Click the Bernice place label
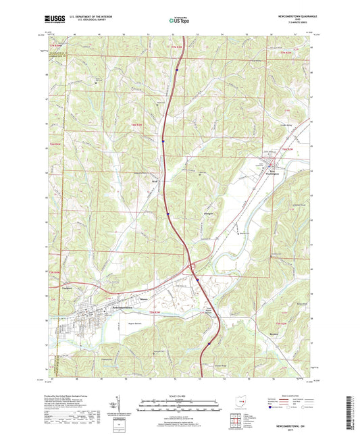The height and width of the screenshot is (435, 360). (274, 334)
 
